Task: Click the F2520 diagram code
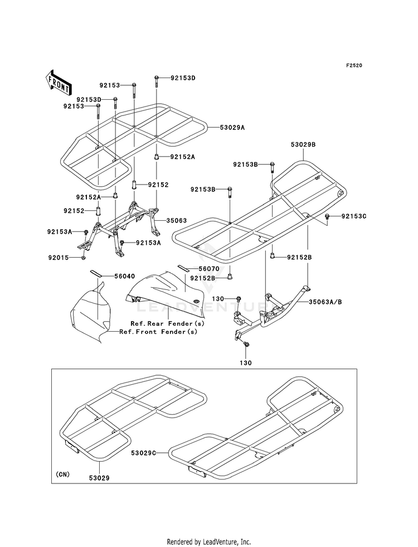(354, 65)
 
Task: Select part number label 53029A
(232, 128)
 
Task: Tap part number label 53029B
(303, 144)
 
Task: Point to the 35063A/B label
(325, 302)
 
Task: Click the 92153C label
(354, 216)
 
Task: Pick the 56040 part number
(125, 277)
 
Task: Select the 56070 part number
(209, 269)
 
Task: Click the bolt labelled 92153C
(327, 217)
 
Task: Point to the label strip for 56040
(97, 273)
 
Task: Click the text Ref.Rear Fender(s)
(168, 324)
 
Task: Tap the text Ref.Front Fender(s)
(158, 332)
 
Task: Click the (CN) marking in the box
(62, 475)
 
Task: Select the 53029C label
(144, 453)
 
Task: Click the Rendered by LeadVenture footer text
(209, 542)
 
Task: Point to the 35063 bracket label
(177, 221)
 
